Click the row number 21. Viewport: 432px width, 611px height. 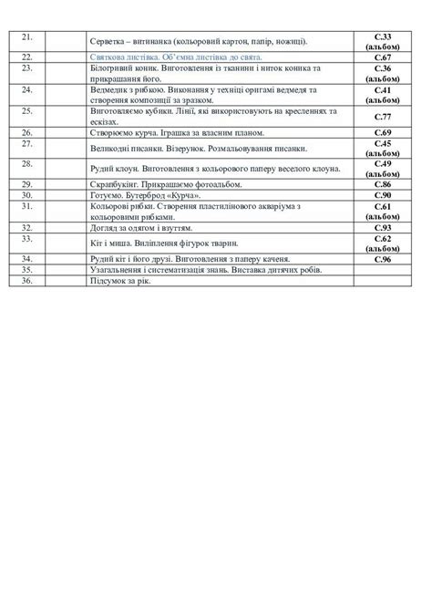(x=26, y=36)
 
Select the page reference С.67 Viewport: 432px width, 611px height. (x=382, y=57)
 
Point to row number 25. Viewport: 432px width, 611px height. (x=26, y=110)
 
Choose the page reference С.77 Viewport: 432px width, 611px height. (x=382, y=117)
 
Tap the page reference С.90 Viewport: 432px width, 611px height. (x=382, y=195)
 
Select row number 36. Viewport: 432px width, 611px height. (x=26, y=281)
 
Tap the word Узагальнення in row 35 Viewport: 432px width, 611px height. (x=120, y=271)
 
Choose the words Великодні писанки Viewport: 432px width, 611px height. (x=128, y=148)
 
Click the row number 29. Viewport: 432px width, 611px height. (x=26, y=183)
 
